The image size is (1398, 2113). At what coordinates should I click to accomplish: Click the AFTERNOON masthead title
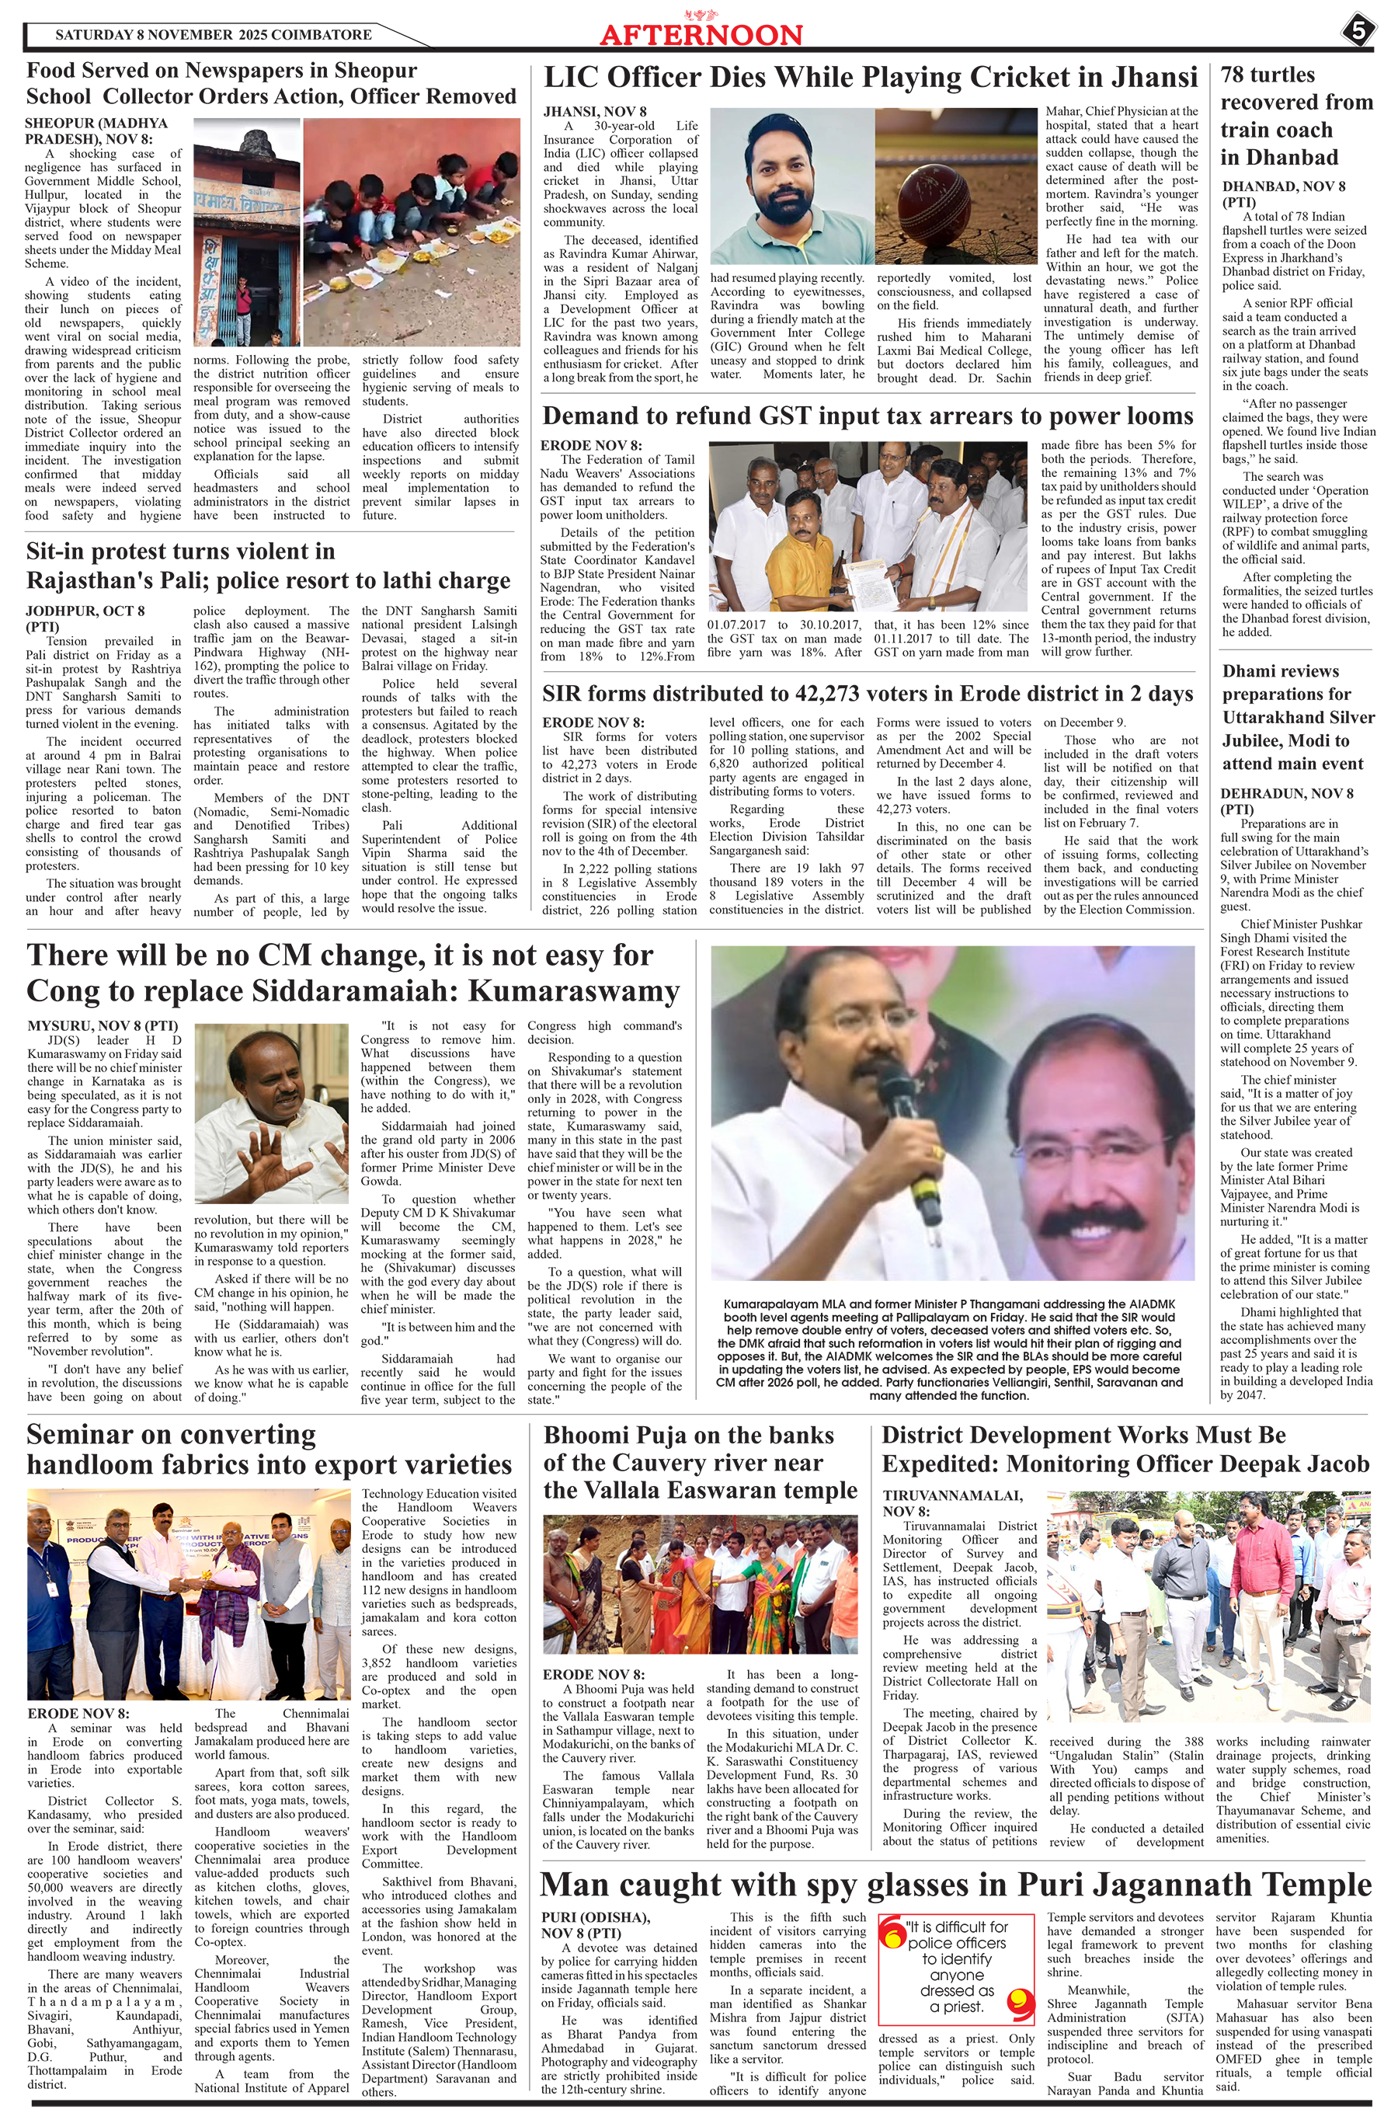point(701,35)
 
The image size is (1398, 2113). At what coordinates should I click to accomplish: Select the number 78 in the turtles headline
point(1236,75)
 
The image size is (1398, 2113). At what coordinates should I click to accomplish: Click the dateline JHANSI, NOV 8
point(595,111)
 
